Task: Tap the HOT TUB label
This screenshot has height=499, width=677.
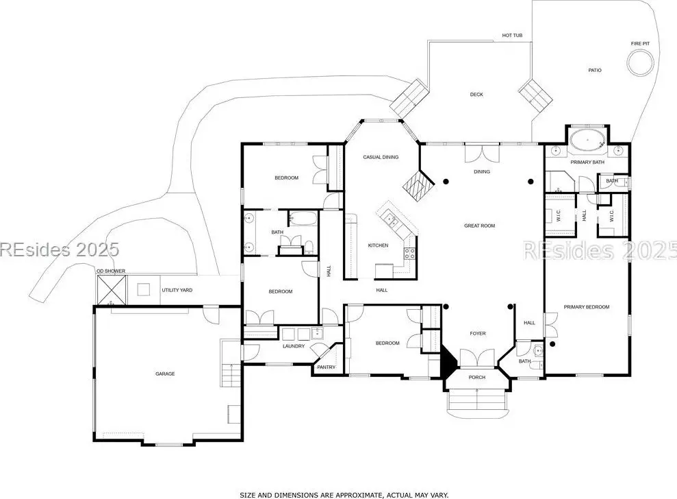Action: pos(512,36)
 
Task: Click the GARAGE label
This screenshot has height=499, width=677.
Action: pos(165,374)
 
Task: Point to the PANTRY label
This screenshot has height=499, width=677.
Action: pos(326,367)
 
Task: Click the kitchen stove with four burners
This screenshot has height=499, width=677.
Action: pos(410,253)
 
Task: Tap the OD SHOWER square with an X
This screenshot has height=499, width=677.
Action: pos(112,290)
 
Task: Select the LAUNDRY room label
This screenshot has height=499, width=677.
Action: pos(294,346)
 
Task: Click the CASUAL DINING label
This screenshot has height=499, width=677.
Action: pos(381,157)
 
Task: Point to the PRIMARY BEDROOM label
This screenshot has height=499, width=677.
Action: pos(587,307)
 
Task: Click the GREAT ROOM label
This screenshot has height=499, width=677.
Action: pos(479,226)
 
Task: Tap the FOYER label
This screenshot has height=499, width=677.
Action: pos(478,333)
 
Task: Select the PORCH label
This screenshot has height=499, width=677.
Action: pos(477,377)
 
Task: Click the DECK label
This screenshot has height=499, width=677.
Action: pos(476,95)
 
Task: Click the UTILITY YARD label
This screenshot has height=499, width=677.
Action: pos(177,290)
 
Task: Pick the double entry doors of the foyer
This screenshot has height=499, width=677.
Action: pos(477,358)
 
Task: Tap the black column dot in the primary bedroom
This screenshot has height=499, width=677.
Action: pos(552,344)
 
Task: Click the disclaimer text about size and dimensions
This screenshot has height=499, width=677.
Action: pos(344,495)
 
